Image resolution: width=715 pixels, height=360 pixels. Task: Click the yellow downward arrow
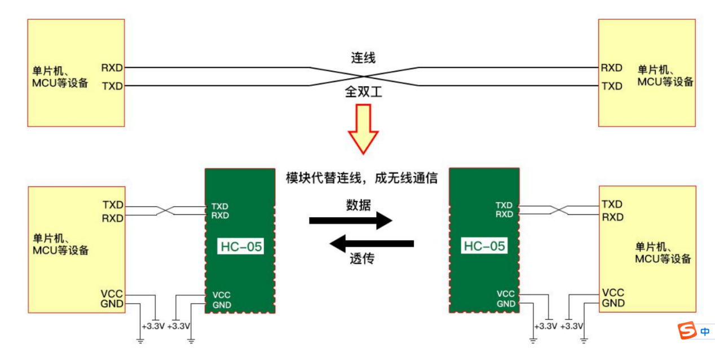point(363,128)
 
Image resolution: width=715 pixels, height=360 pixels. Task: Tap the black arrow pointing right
point(350,221)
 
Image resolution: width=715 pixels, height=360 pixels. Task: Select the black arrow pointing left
point(372,244)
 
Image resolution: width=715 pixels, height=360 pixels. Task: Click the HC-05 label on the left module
point(241,247)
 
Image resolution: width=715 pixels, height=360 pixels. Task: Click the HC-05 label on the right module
point(484,246)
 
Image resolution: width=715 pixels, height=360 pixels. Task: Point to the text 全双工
point(363,91)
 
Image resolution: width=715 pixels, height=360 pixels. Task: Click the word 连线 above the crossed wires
point(363,58)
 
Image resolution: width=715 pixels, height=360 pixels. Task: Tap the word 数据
point(358,205)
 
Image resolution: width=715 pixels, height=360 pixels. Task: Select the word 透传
point(361,259)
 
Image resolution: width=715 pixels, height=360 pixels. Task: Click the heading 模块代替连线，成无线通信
point(362,178)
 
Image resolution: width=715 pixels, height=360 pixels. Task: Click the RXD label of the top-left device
point(112,68)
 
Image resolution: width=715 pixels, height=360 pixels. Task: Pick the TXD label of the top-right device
point(612,86)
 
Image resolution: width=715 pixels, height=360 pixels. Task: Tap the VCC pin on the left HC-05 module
point(221,295)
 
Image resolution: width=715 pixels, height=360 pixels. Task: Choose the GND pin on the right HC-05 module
point(506,304)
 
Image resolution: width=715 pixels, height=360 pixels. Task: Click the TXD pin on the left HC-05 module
point(220,206)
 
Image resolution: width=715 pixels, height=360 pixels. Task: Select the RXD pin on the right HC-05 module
point(504,214)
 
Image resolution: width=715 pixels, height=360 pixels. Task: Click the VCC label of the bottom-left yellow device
point(112,293)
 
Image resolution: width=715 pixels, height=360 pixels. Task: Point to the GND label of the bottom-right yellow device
point(613,303)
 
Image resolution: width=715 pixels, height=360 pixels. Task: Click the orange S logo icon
point(687,331)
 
